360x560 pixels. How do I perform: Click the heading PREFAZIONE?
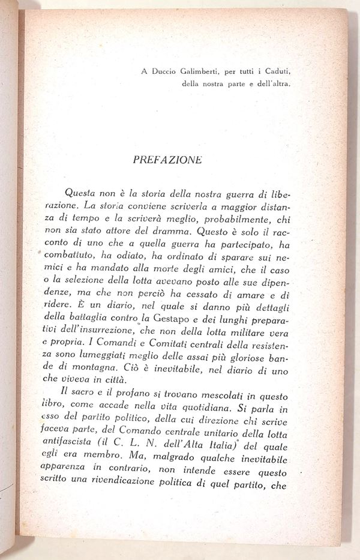167,160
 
